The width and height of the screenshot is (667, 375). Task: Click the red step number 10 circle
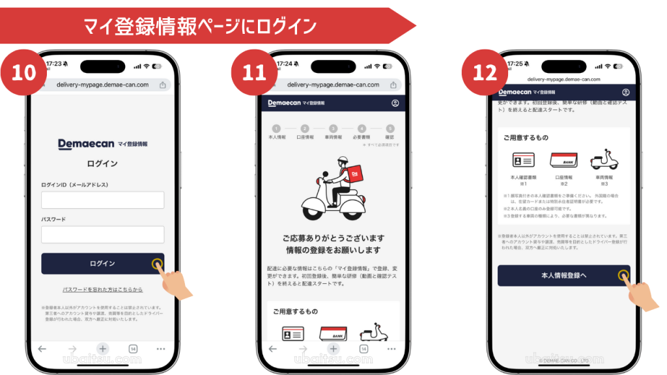pyautogui.click(x=23, y=71)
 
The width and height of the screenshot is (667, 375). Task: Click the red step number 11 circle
pyautogui.click(x=254, y=71)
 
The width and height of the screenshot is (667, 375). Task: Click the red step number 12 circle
pyautogui.click(x=485, y=71)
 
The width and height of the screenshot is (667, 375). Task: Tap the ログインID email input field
pyautogui.click(x=102, y=200)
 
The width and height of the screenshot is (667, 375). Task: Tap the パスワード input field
pyautogui.click(x=102, y=234)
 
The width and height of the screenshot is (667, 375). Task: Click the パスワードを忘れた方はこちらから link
pyautogui.click(x=102, y=289)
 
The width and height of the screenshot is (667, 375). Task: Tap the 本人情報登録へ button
pyautogui.click(x=563, y=275)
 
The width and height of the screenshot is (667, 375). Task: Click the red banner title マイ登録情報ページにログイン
pyautogui.click(x=199, y=26)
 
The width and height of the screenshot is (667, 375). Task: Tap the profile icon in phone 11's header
pyautogui.click(x=395, y=104)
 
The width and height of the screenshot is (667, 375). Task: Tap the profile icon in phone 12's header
pyautogui.click(x=626, y=92)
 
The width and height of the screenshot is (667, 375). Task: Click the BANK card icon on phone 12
pyautogui.click(x=563, y=160)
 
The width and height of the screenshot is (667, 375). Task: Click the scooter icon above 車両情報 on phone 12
pyautogui.click(x=603, y=159)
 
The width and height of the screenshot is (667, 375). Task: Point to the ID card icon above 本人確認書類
pyautogui.click(x=523, y=160)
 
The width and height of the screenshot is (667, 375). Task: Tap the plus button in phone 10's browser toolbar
pyautogui.click(x=102, y=349)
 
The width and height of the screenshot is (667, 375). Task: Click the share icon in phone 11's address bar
pyautogui.click(x=393, y=85)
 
